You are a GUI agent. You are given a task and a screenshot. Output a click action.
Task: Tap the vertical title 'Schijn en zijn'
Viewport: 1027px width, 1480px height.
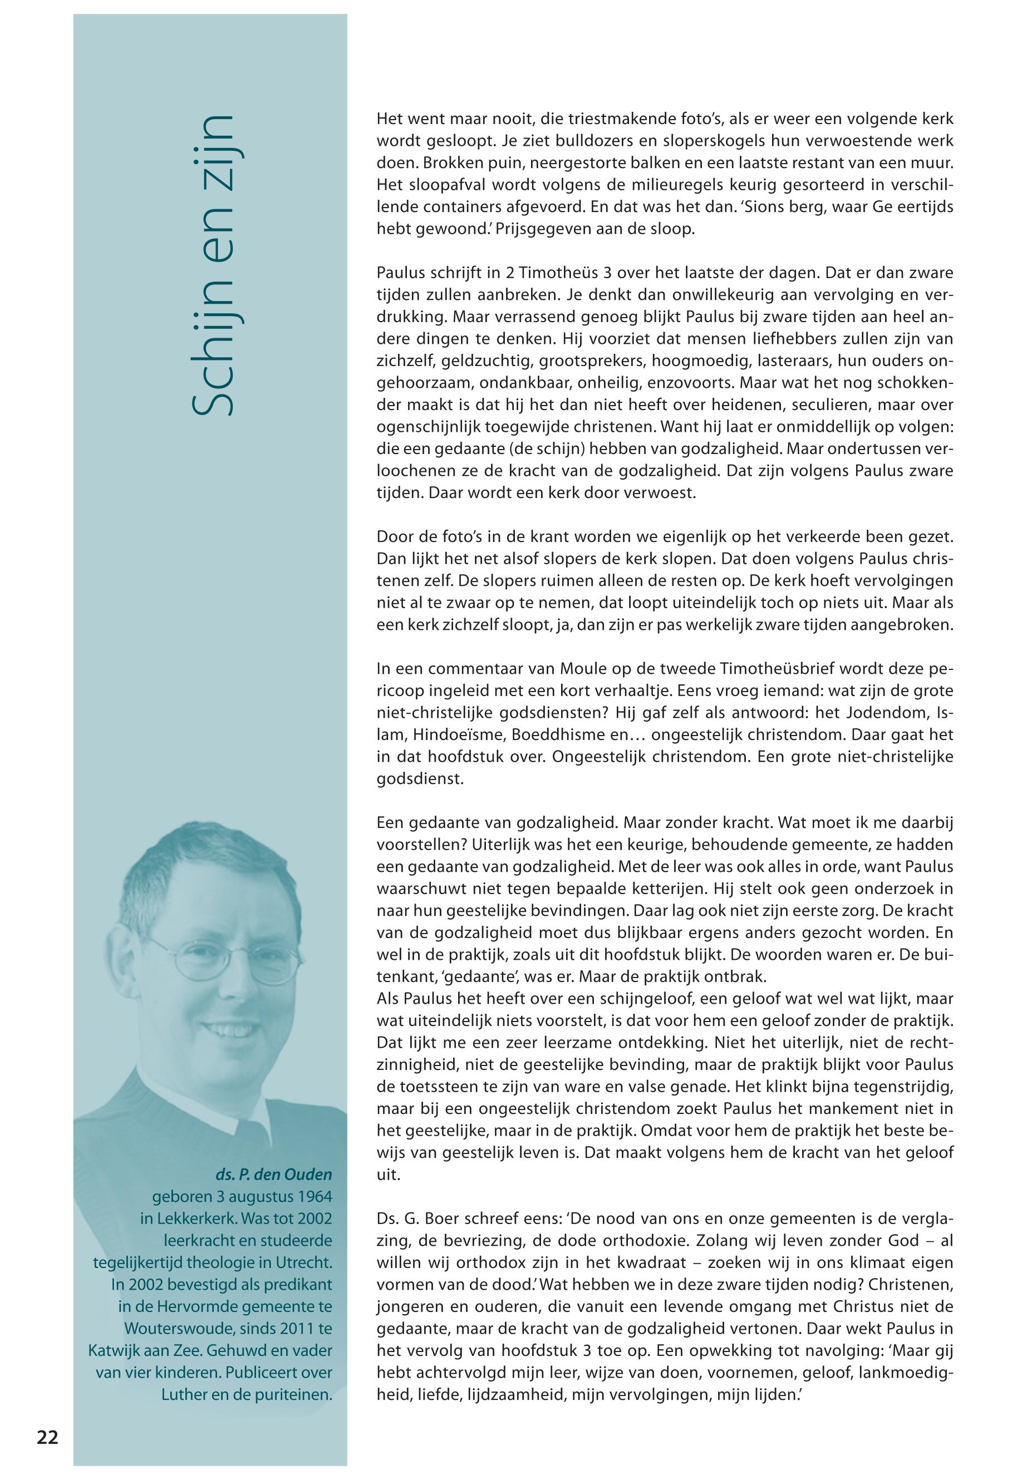click(212, 265)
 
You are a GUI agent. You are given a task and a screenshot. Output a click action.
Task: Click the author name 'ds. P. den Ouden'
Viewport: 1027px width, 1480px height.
click(273, 1175)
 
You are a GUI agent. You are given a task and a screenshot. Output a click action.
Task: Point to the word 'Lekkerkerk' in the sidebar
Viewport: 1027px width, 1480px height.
click(196, 1218)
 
